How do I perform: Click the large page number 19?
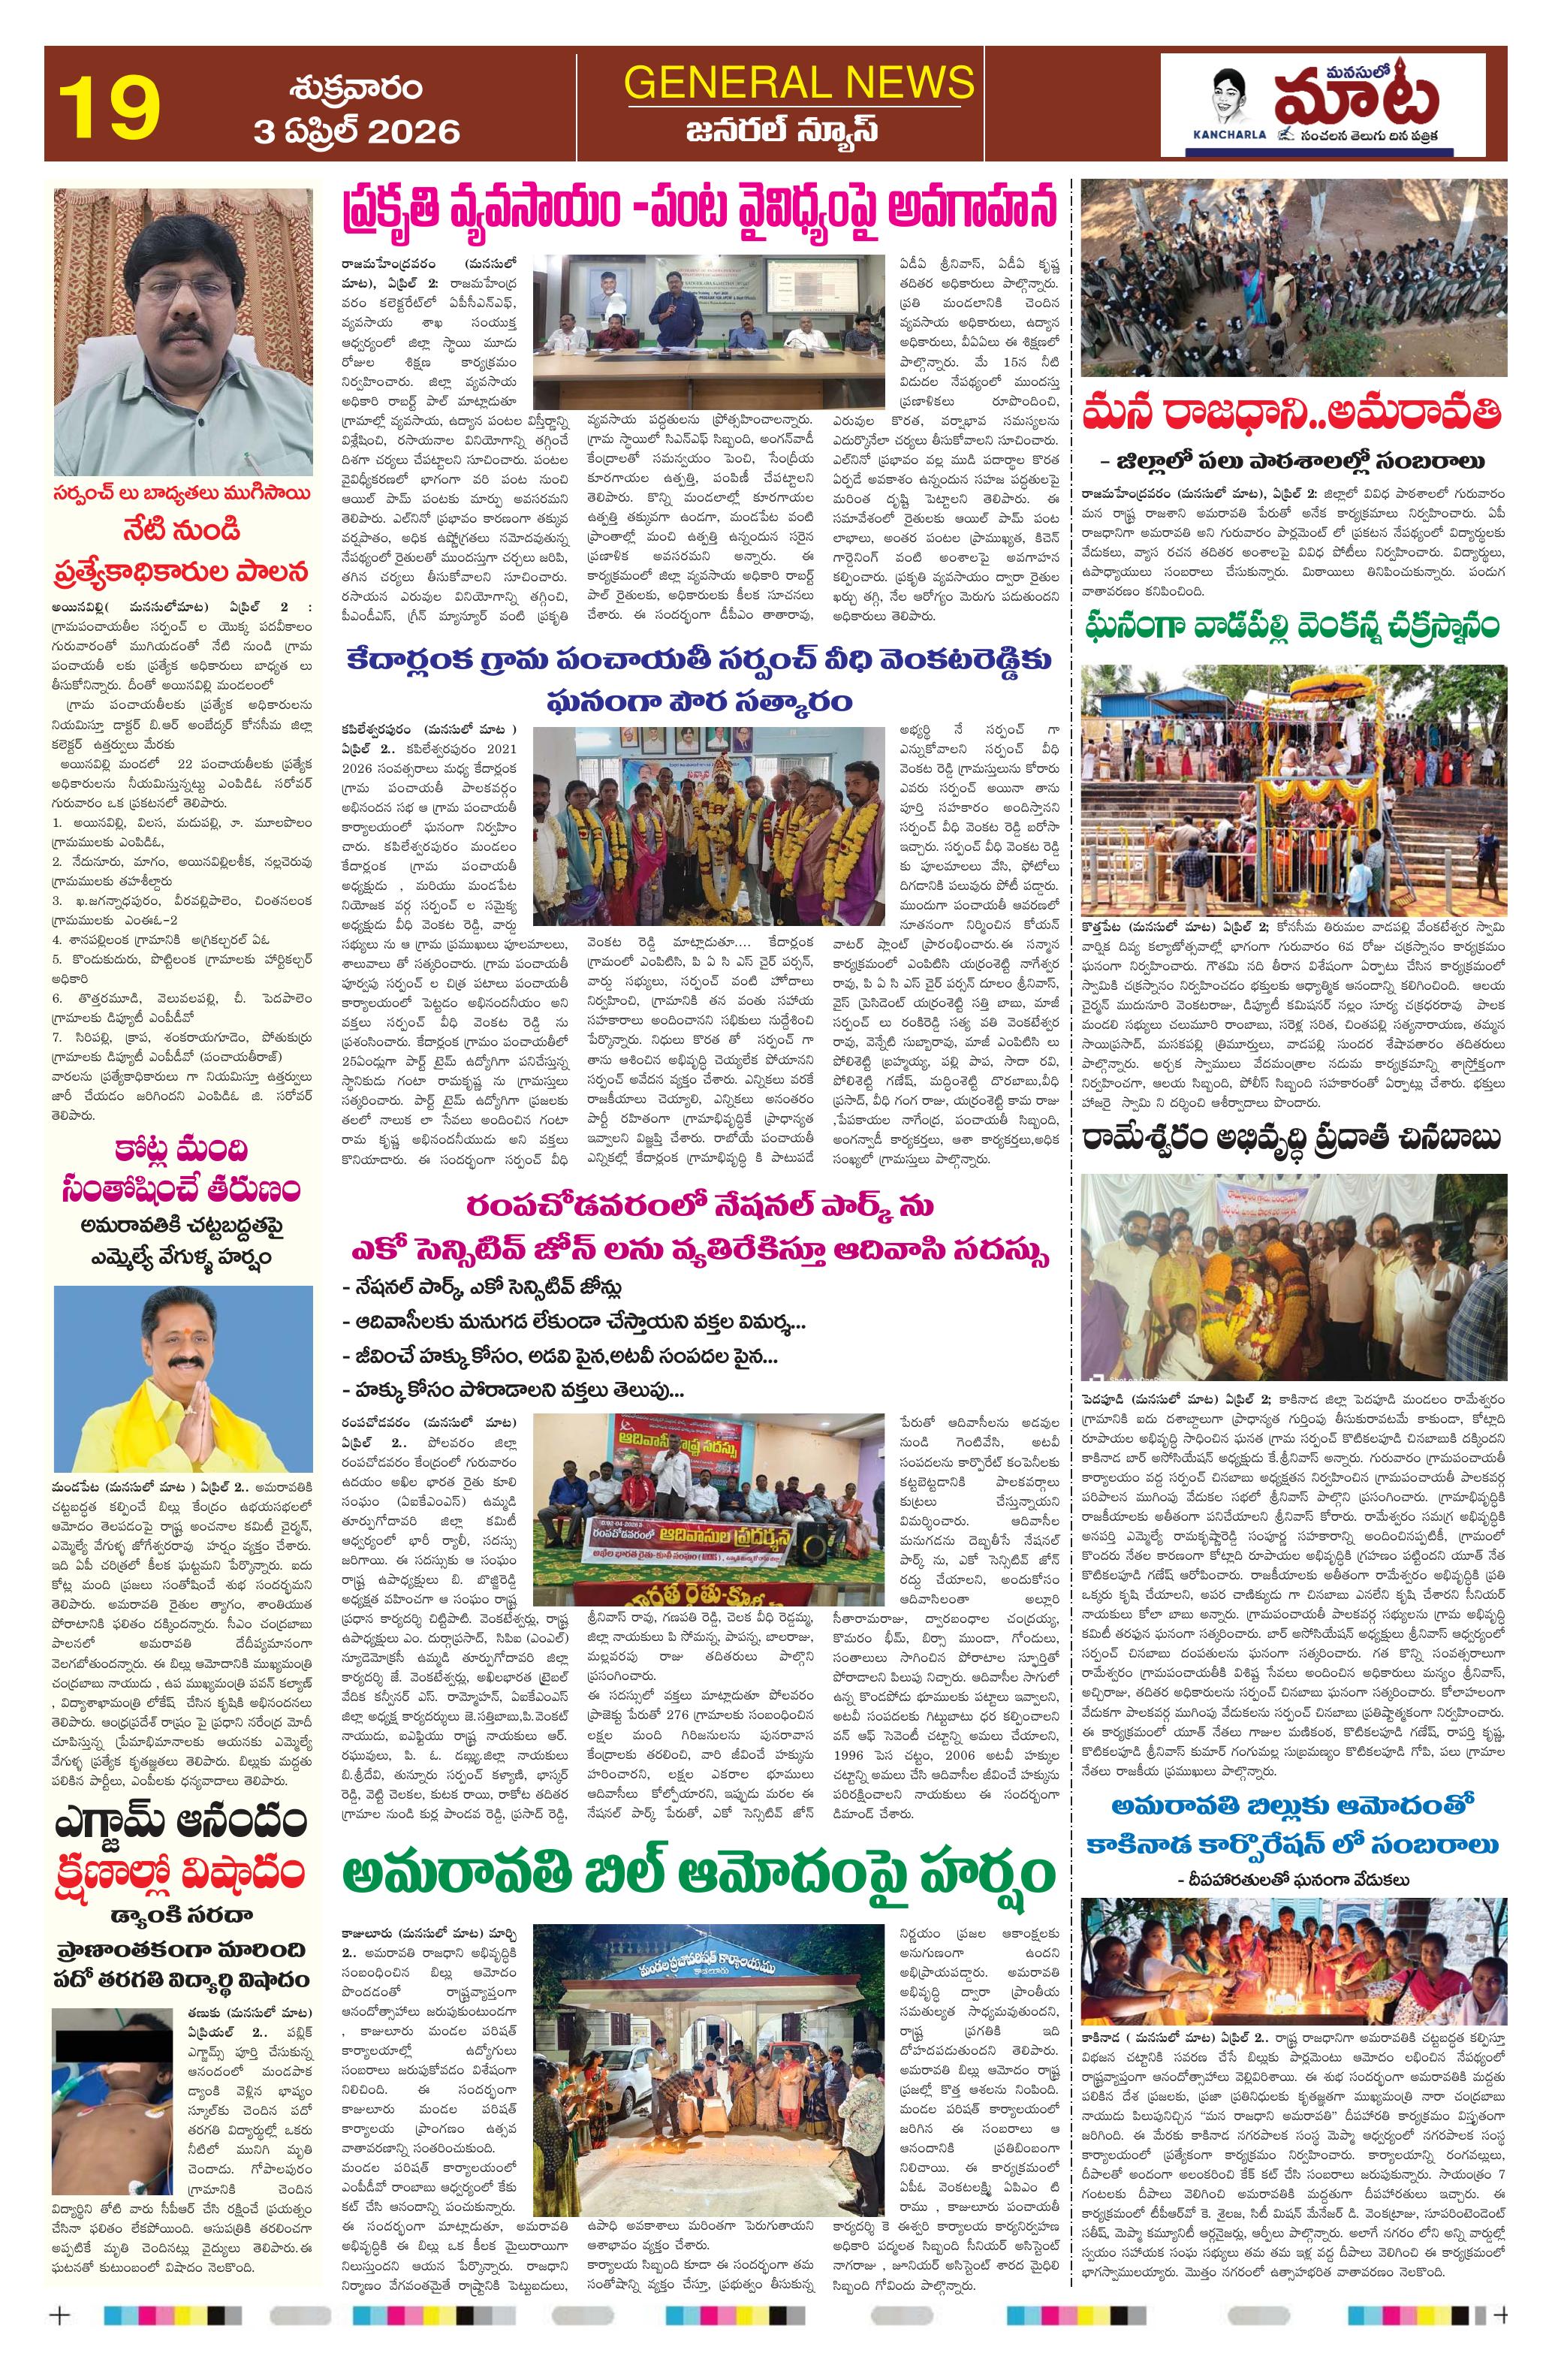tap(110, 107)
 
